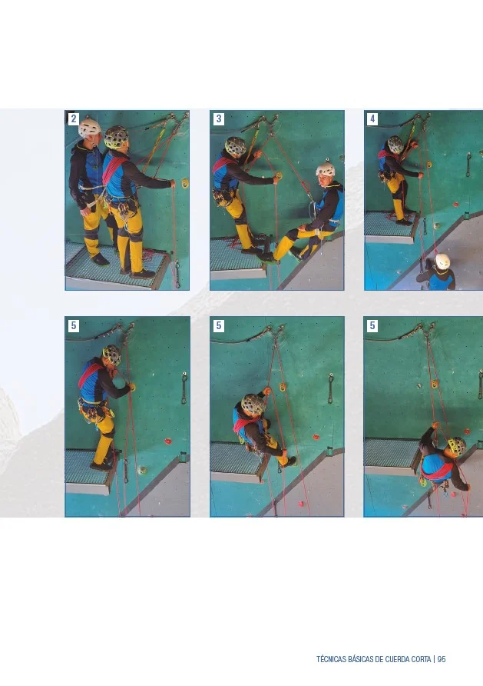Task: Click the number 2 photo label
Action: coord(74,118)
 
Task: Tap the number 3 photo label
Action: coord(218,118)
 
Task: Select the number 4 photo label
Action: coord(372,118)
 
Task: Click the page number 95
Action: coord(441,659)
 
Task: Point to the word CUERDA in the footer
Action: coord(395,659)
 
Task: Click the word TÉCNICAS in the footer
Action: coord(331,659)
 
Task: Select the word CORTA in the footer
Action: coord(421,659)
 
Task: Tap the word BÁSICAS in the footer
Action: coord(360,659)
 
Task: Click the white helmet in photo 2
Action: coord(90,127)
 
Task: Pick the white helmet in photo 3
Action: coord(326,169)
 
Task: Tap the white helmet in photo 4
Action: coord(442,261)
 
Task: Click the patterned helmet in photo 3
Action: coord(236,147)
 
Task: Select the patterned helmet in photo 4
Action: coord(395,144)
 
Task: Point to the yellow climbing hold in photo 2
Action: coord(185,182)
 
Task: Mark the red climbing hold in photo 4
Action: coord(456,204)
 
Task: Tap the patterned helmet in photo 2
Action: coord(116,138)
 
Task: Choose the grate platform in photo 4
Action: coord(389,227)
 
